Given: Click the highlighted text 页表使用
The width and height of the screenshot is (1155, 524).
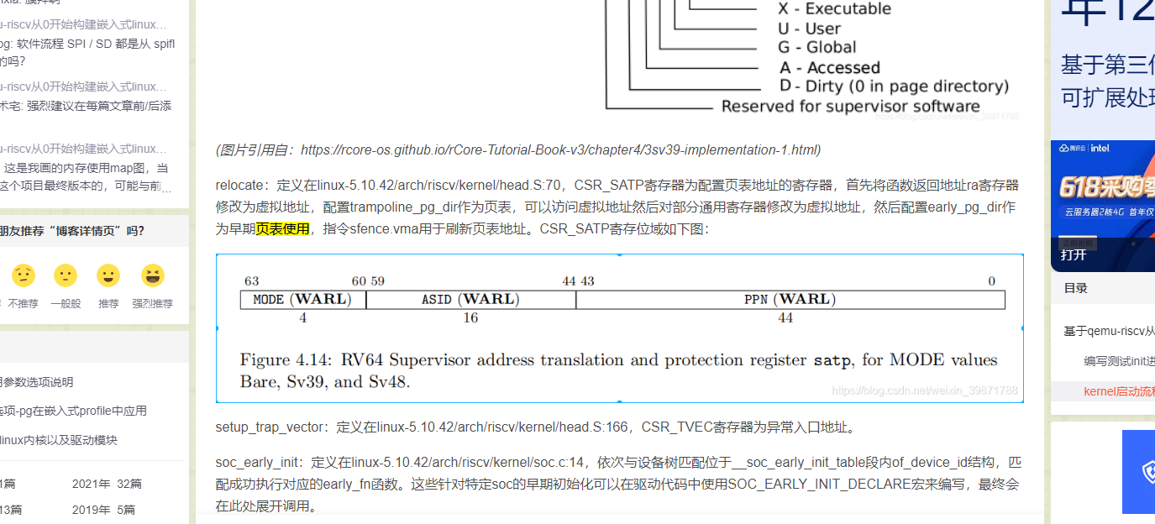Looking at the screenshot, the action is pyautogui.click(x=283, y=228).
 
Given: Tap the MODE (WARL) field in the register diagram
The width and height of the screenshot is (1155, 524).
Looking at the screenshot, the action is pyautogui.click(x=302, y=300).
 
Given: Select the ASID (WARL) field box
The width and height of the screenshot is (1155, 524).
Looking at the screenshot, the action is pyautogui.click(x=470, y=300).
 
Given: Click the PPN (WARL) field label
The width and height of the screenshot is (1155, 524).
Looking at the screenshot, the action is pyautogui.click(x=790, y=300).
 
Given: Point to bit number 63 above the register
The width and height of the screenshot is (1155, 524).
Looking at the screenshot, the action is pyautogui.click(x=251, y=281).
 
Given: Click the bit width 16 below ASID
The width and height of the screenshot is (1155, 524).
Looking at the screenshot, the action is pyautogui.click(x=470, y=318).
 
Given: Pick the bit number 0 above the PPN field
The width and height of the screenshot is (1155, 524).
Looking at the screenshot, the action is pyautogui.click(x=991, y=281).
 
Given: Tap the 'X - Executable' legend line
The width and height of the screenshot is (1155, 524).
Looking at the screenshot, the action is pyautogui.click(x=834, y=9).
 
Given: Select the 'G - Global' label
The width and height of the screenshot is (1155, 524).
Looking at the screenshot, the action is pyautogui.click(x=817, y=48).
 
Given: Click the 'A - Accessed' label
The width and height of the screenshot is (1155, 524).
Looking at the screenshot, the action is pyautogui.click(x=829, y=68).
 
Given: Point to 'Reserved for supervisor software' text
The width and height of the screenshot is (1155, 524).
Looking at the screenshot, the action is pyautogui.click(x=850, y=107).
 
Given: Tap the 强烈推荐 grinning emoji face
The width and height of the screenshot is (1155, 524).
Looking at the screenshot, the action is pyautogui.click(x=153, y=275).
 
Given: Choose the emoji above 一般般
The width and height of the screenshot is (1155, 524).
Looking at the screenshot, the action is pyautogui.click(x=65, y=275).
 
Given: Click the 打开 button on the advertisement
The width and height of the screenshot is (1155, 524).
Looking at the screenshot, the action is pyautogui.click(x=1074, y=254).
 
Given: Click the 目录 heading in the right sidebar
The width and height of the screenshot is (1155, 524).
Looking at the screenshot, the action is pyautogui.click(x=1076, y=288).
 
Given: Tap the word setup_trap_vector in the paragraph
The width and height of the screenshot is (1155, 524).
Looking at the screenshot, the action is pyautogui.click(x=269, y=427).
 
